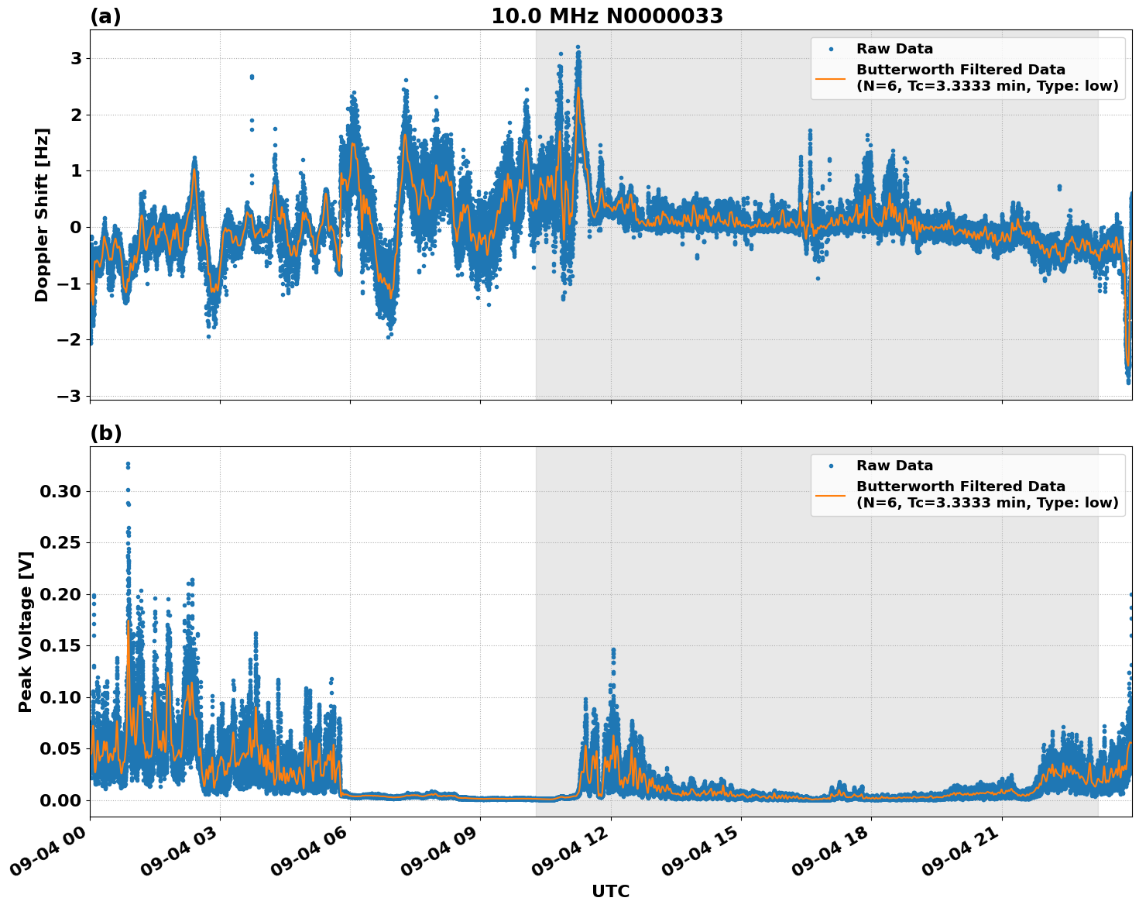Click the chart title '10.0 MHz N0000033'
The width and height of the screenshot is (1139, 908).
(606, 16)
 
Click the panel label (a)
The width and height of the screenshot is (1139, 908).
(105, 16)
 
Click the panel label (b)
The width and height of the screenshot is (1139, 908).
(105, 433)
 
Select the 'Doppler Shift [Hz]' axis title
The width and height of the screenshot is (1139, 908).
(42, 215)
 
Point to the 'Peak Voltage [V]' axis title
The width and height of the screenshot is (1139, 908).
(26, 631)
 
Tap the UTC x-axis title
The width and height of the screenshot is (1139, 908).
(610, 891)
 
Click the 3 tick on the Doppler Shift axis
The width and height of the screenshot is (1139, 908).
(76, 59)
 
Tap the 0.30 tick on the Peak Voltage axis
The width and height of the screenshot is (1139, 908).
(65, 491)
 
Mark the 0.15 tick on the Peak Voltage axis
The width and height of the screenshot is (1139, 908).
(65, 645)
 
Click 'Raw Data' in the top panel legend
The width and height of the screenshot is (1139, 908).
(894, 49)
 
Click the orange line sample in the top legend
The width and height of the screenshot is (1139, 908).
(831, 77)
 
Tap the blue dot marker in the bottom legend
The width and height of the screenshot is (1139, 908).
(831, 466)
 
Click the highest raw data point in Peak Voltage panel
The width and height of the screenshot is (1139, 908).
(128, 464)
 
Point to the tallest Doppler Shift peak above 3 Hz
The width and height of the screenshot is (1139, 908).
(578, 47)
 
